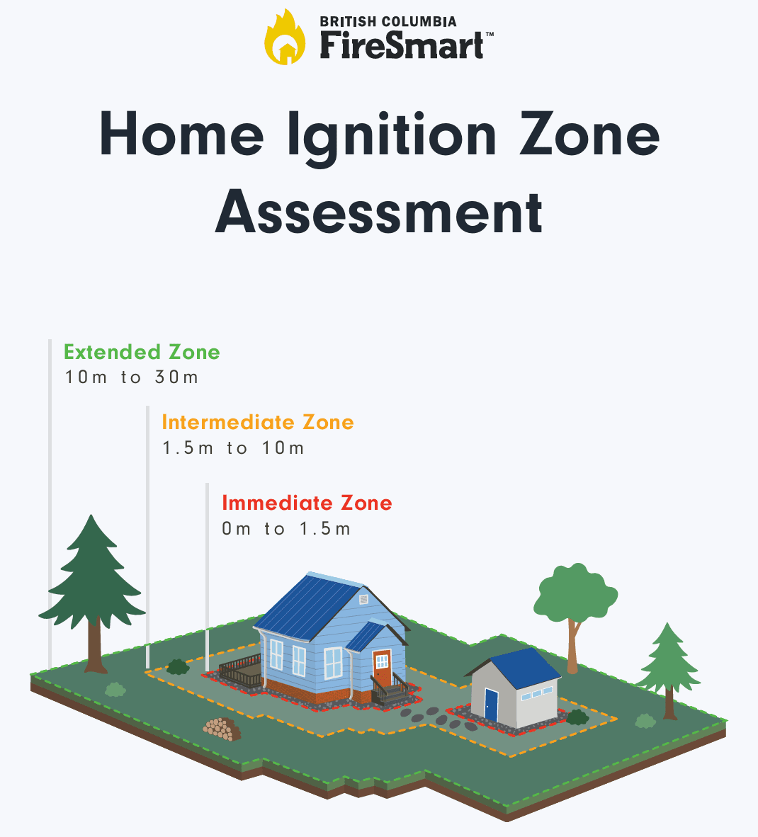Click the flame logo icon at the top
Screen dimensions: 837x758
285,38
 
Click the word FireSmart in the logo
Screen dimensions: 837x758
402,45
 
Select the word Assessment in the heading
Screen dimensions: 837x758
379,212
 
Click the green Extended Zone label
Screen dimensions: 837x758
142,352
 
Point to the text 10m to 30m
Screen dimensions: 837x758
132,377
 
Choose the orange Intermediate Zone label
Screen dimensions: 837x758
258,422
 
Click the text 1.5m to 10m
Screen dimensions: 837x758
233,448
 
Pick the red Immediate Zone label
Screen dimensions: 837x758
307,503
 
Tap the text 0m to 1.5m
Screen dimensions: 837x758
286,529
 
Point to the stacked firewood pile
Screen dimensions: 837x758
222,729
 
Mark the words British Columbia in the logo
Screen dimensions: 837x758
388,22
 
